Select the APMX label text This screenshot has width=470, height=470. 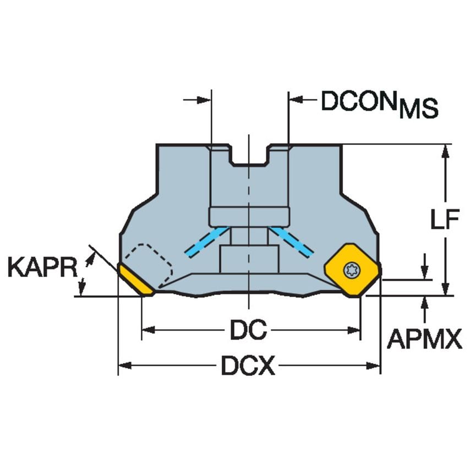click(424, 340)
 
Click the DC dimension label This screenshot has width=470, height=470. click(248, 330)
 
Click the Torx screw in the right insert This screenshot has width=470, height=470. click(349, 270)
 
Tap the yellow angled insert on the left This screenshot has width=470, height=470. click(135, 280)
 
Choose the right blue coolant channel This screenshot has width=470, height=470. click(291, 241)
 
